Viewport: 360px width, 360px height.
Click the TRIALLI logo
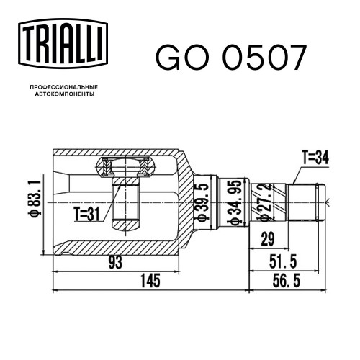click(x=63, y=44)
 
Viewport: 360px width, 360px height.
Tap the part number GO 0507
click(x=231, y=58)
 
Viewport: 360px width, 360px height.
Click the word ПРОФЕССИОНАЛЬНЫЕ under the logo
click(x=64, y=87)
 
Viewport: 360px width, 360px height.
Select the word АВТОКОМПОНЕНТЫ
click(x=65, y=94)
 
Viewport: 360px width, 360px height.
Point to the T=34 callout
click(x=315, y=158)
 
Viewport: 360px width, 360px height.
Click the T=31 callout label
click(x=86, y=215)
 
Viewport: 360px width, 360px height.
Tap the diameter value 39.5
click(x=203, y=202)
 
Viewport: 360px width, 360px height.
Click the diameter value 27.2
click(x=266, y=202)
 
